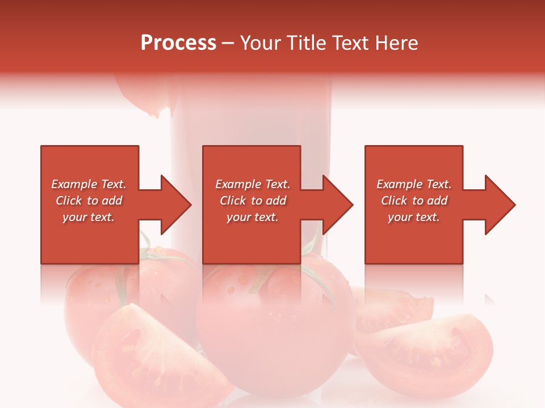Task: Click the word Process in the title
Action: pyautogui.click(x=178, y=43)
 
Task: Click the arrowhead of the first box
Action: pyautogui.click(x=176, y=205)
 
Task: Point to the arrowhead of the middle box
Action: pyautogui.click(x=338, y=205)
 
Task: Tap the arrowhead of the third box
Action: pyautogui.click(x=500, y=205)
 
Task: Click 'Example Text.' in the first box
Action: pyautogui.click(x=89, y=184)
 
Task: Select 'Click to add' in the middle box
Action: pyautogui.click(x=253, y=201)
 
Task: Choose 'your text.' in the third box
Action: pyautogui.click(x=413, y=217)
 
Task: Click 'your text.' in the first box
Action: pyautogui.click(x=89, y=217)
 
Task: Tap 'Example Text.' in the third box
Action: pyautogui.click(x=413, y=184)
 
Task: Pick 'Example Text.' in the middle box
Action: pyautogui.click(x=253, y=184)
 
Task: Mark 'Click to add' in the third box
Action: pyautogui.click(x=413, y=201)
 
